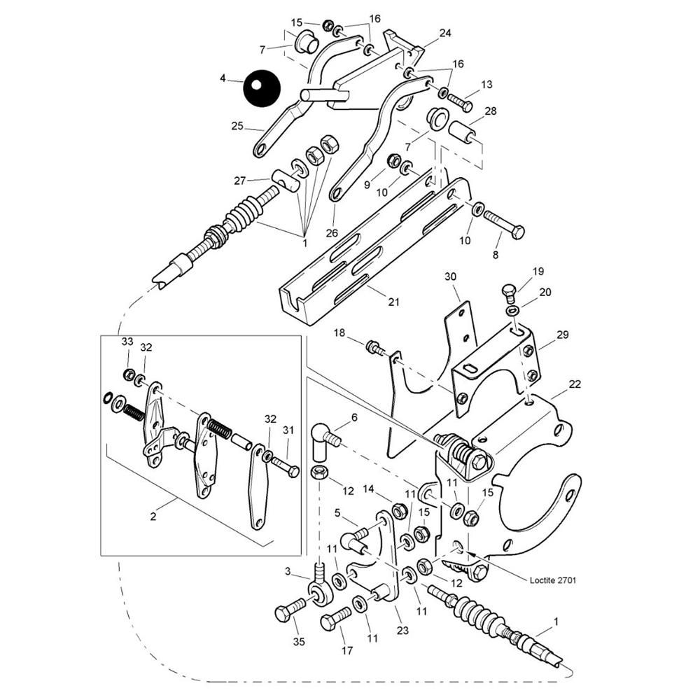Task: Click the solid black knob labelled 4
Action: (262, 87)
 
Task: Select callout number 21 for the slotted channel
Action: (393, 302)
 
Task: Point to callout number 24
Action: (445, 32)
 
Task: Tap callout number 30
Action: (450, 277)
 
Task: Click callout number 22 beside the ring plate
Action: (575, 384)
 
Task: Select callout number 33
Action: (127, 342)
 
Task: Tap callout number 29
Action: (562, 336)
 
